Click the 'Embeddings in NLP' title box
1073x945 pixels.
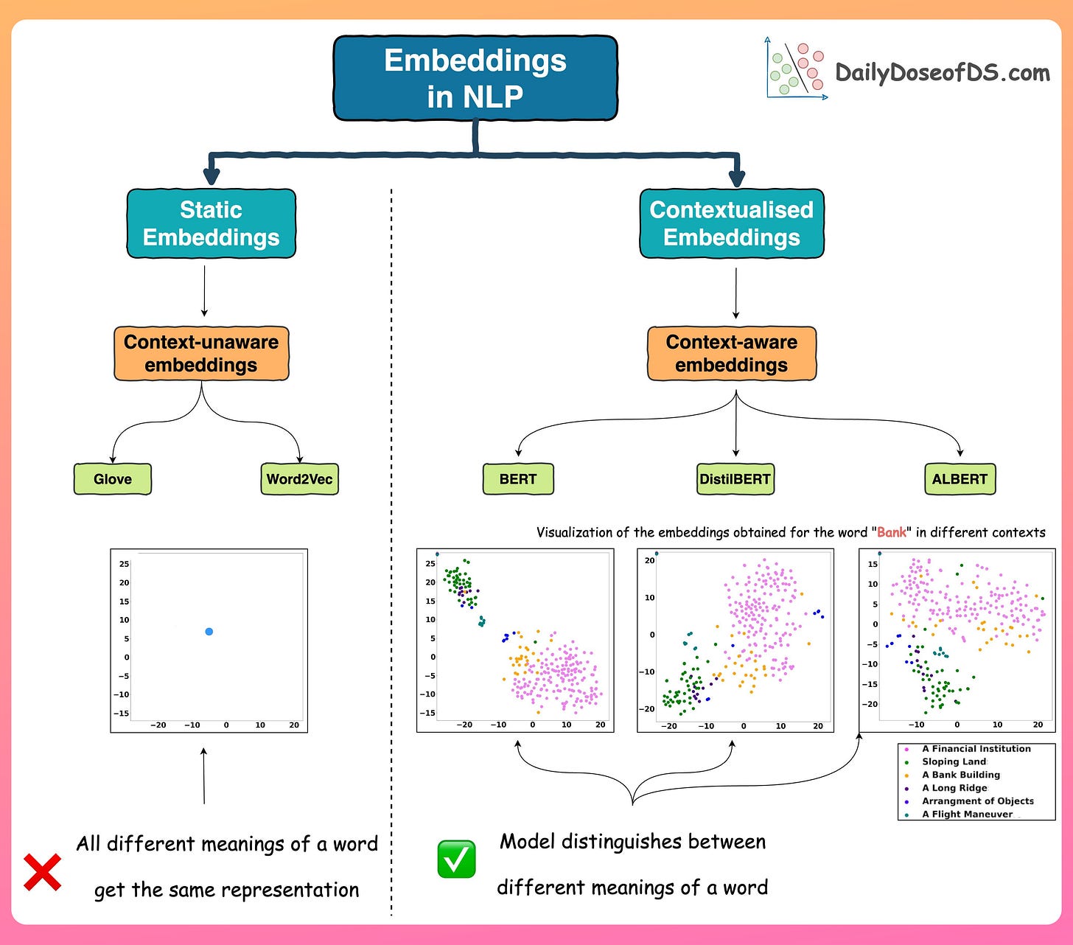475,78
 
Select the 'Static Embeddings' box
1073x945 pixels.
211,223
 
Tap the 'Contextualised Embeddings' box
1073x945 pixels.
731,223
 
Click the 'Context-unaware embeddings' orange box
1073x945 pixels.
201,354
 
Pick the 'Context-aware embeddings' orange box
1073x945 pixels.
731,354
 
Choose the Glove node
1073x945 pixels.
113,479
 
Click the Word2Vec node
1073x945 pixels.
299,479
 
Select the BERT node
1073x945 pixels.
518,479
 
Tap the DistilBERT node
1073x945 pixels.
735,479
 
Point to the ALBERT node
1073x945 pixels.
960,479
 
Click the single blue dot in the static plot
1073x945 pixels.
209,632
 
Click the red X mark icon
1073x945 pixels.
43,872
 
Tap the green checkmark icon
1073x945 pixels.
456,859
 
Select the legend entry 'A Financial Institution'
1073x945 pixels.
976,749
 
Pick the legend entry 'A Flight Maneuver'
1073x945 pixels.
967,815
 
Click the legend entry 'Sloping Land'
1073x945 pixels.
954,762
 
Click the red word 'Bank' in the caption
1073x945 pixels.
892,532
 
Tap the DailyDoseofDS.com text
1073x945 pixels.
942,73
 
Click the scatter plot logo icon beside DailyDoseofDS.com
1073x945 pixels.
796,69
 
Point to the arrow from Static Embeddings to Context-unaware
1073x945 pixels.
204,291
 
